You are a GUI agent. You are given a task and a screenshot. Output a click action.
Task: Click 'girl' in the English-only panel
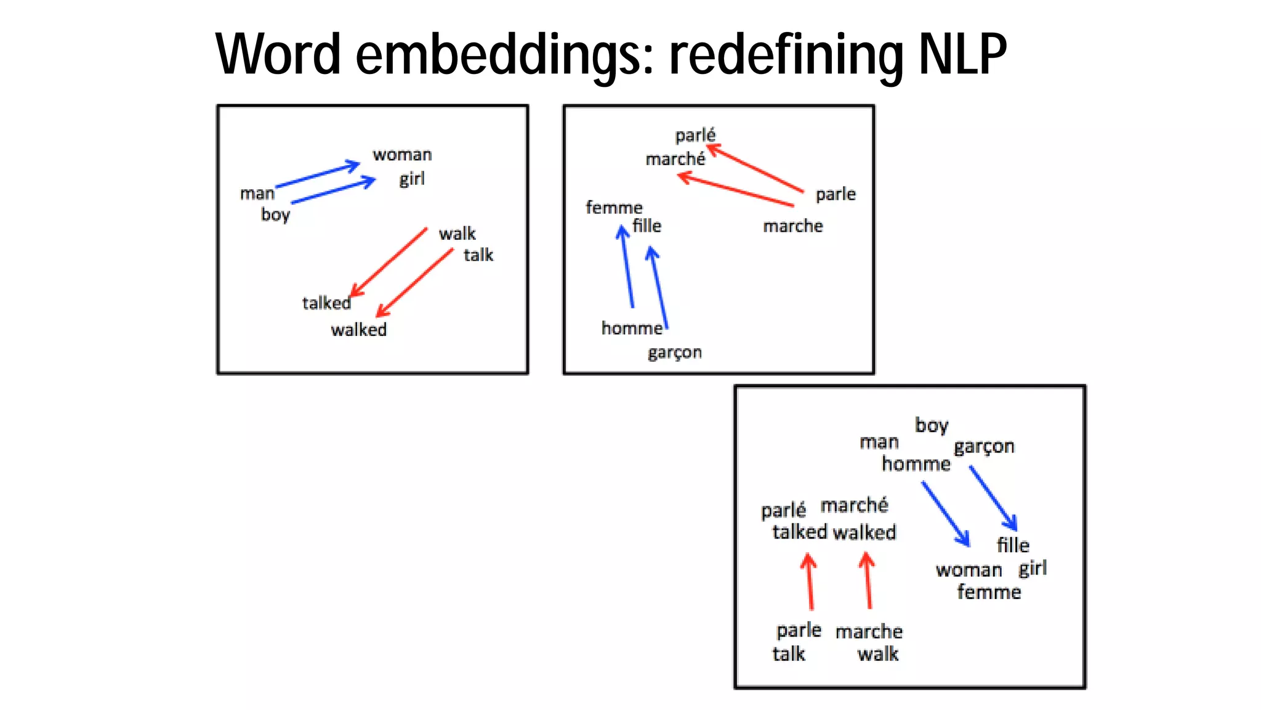pos(412,179)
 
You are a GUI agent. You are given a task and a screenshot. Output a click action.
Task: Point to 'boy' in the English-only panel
pos(275,214)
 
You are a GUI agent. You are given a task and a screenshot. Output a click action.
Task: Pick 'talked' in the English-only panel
pos(326,303)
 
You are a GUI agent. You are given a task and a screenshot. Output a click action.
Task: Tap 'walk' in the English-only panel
pos(457,234)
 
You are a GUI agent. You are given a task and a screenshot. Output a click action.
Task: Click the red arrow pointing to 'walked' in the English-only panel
pos(414,283)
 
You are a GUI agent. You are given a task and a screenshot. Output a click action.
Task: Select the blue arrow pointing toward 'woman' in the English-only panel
pos(318,175)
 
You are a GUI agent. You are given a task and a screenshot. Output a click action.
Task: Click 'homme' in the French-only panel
pos(632,328)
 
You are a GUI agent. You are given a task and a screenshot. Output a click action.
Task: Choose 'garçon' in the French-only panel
pos(674,353)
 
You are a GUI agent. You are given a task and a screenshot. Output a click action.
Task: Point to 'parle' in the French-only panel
pos(836,194)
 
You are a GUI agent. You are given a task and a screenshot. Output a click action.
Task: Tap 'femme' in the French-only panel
pos(614,207)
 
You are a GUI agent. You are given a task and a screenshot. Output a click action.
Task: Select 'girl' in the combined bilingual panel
pos(1033,568)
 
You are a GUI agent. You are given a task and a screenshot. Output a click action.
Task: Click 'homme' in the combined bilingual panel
pos(916,463)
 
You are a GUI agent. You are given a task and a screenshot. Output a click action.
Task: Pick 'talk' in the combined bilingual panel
pos(789,653)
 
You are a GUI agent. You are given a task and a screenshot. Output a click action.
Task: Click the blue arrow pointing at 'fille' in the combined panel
pos(993,497)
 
